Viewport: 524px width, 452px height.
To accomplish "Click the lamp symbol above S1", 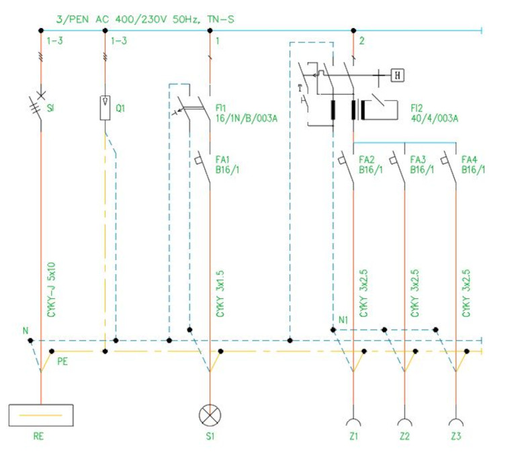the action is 210,415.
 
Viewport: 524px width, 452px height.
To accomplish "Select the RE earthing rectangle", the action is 41,415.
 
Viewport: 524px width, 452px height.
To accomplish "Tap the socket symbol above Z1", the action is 353,421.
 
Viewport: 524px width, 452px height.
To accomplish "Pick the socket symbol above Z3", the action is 456,421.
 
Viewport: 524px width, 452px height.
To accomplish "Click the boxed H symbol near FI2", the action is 397,75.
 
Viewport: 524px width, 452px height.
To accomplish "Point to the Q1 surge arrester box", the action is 105,107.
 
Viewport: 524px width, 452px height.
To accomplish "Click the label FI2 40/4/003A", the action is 435,114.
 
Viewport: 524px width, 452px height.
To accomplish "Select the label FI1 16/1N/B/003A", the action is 247,114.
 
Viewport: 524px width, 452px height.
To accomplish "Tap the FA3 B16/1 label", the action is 422,165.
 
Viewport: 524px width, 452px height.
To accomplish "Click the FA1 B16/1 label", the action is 227,165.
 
